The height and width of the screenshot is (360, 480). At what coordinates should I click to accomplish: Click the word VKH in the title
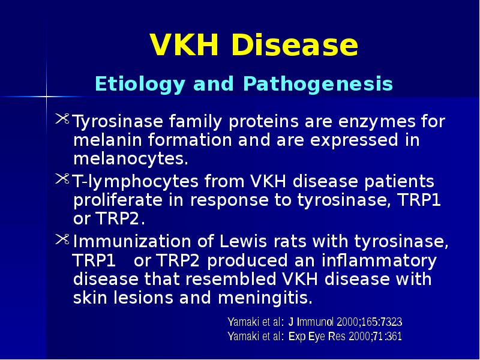(x=184, y=46)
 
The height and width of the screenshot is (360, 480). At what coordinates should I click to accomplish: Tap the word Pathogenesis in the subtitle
(x=317, y=84)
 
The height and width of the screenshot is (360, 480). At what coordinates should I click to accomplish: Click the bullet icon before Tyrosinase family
(x=63, y=122)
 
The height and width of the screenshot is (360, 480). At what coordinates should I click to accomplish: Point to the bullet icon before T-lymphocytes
(x=63, y=180)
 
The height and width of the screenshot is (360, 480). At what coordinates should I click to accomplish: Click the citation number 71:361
(x=383, y=337)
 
